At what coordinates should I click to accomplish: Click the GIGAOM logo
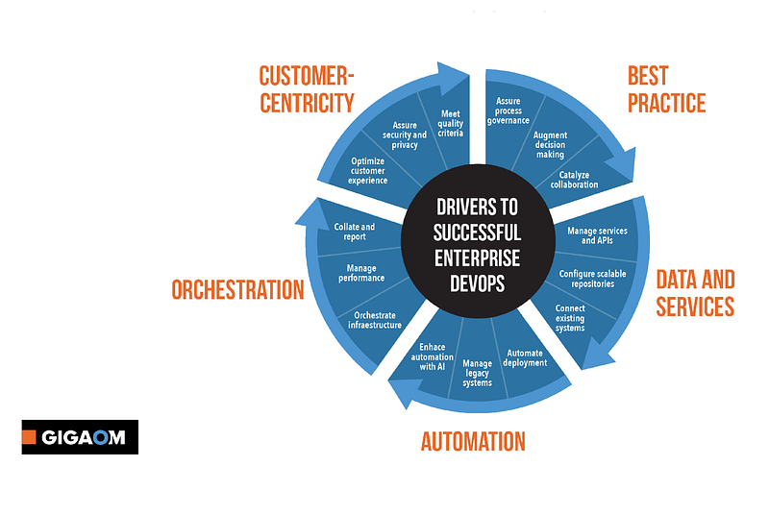point(80,437)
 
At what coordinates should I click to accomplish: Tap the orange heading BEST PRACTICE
point(666,89)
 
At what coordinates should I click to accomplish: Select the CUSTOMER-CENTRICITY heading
point(307,89)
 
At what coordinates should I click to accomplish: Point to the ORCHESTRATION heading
point(237,289)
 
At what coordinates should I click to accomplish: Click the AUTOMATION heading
point(473,442)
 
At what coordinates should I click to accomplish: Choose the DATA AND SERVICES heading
point(695,293)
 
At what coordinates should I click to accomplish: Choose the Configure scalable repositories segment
point(593,279)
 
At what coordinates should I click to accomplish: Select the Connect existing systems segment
point(570,318)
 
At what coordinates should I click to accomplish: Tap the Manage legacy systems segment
point(478,373)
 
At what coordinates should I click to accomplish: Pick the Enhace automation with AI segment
point(429,355)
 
